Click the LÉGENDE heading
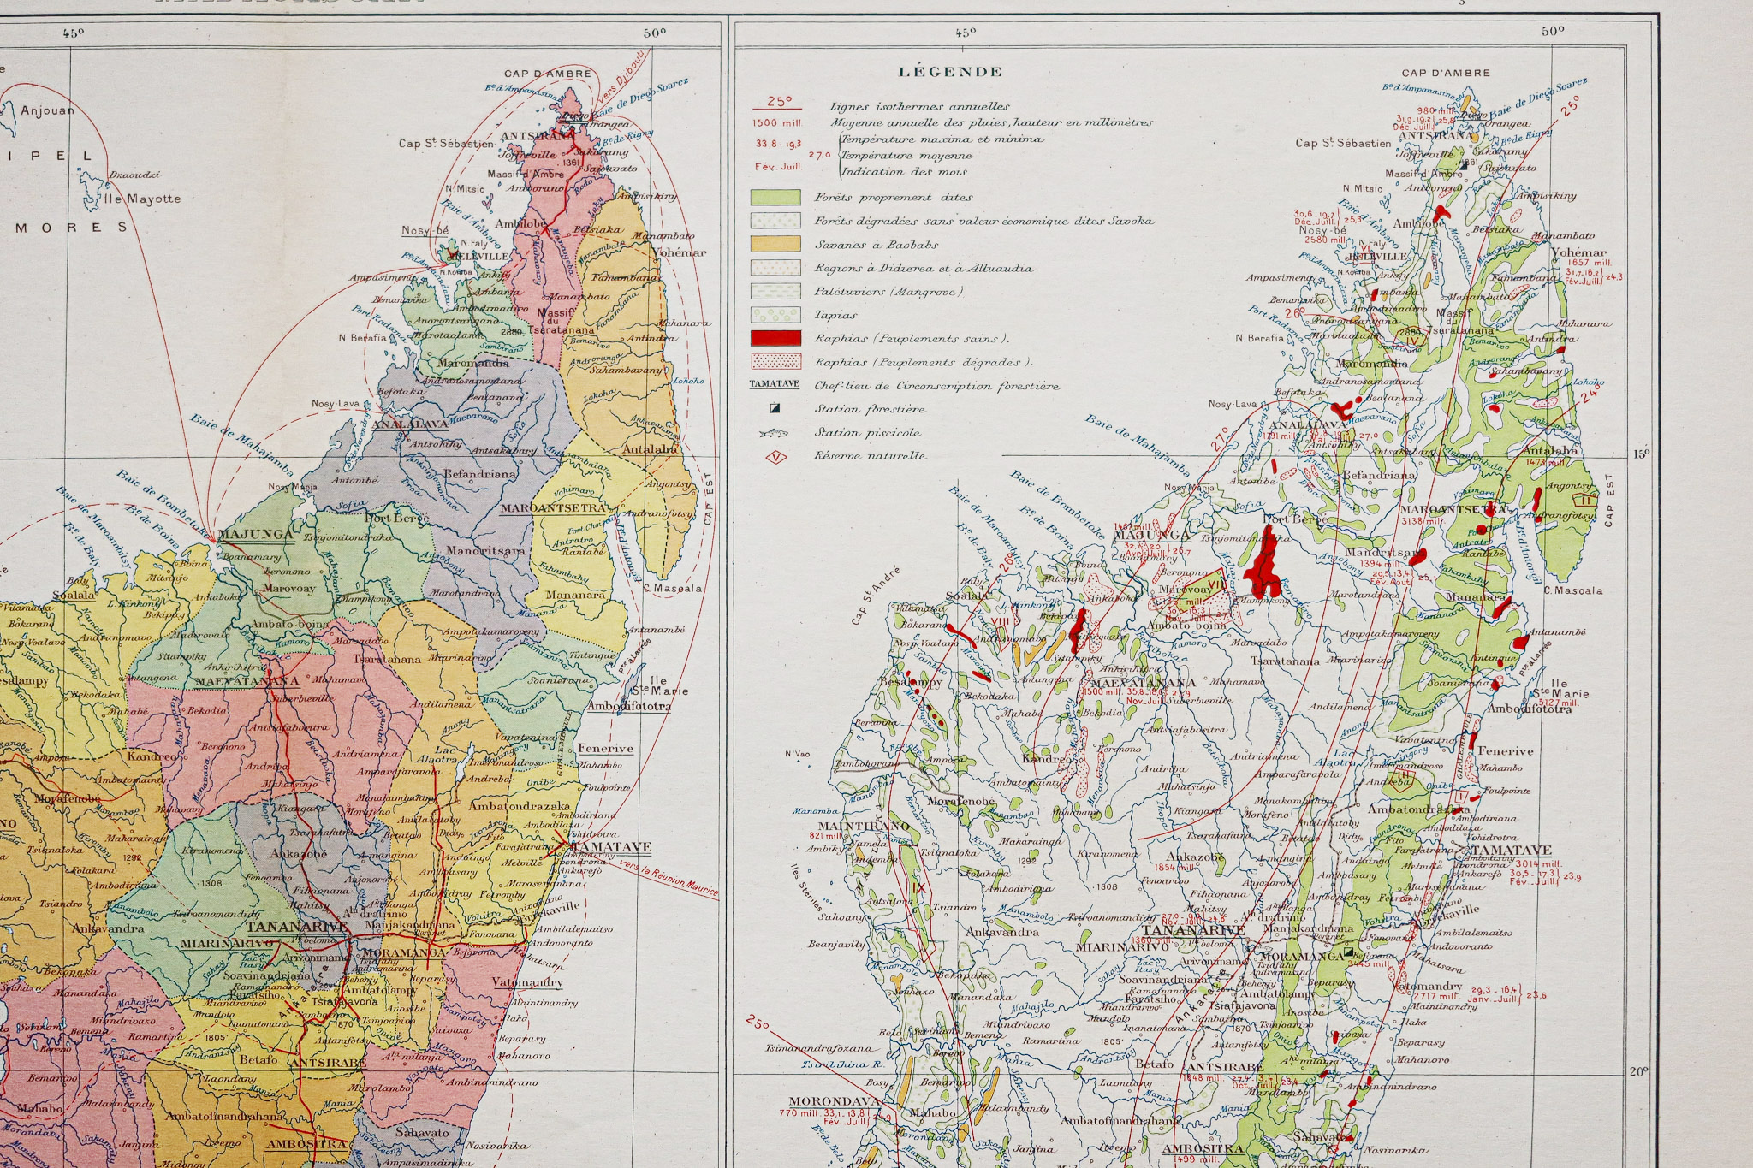pos(950,72)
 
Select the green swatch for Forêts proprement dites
pos(775,197)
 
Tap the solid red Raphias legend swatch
pos(775,338)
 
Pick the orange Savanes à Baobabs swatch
pos(775,244)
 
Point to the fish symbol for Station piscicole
pos(773,433)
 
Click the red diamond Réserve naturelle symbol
pos(775,456)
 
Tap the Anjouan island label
pos(47,110)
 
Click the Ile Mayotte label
pos(143,199)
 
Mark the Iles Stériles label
pos(806,886)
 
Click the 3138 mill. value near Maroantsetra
pos(1422,520)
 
